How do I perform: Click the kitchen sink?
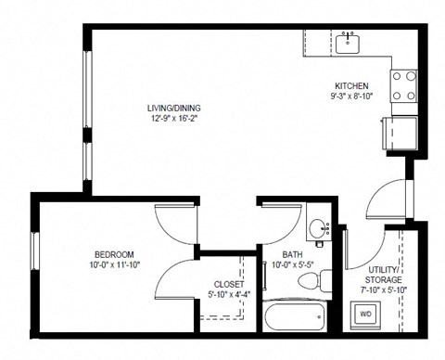[x=350, y=40]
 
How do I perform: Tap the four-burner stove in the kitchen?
[x=403, y=86]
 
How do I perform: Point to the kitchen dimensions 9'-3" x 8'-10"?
[x=351, y=95]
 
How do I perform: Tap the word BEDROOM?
[x=114, y=254]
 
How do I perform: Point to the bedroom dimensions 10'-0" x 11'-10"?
[x=114, y=266]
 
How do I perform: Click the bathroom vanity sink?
[x=317, y=227]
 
